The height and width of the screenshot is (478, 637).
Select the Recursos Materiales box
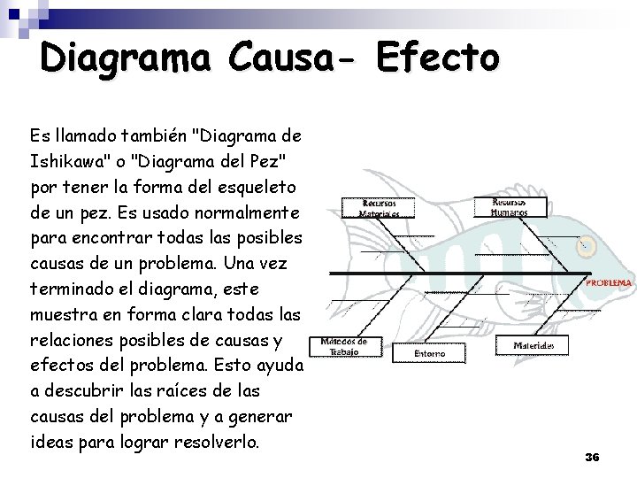[379, 207]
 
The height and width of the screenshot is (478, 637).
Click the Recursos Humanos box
[510, 207]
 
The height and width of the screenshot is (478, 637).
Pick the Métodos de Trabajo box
[343, 346]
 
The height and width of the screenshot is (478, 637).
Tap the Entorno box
[430, 352]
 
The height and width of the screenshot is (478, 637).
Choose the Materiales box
[534, 344]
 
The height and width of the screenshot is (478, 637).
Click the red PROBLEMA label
[609, 283]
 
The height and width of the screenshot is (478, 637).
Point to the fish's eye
[587, 245]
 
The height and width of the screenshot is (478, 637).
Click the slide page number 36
[592, 457]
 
